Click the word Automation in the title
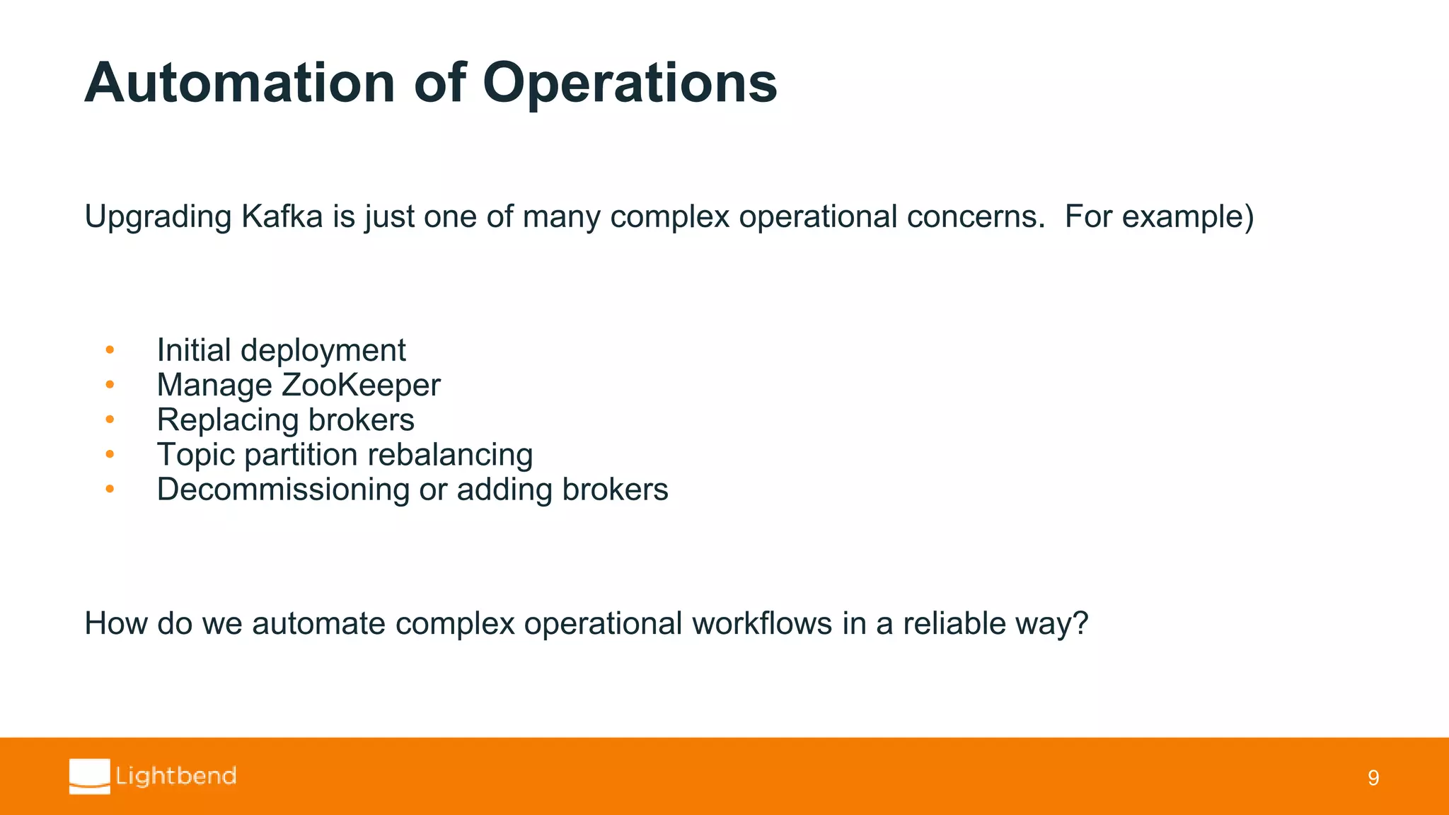click(x=239, y=83)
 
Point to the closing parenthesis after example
click(x=1249, y=216)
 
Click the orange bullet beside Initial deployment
click(x=110, y=349)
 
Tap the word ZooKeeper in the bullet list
click(x=360, y=386)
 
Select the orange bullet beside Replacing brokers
click(x=110, y=420)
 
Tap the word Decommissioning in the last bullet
click(x=282, y=490)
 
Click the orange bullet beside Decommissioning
click(x=110, y=489)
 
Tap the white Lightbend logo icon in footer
click(x=90, y=776)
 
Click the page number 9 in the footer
click(x=1373, y=778)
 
